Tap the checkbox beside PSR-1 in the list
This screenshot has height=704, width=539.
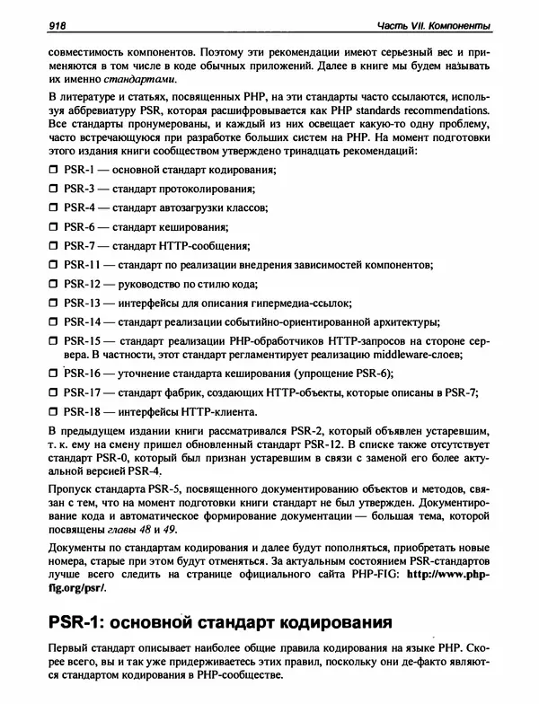pos(53,171)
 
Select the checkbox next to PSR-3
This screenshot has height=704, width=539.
pos(53,189)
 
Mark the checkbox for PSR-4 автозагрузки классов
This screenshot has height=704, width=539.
pos(53,208)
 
